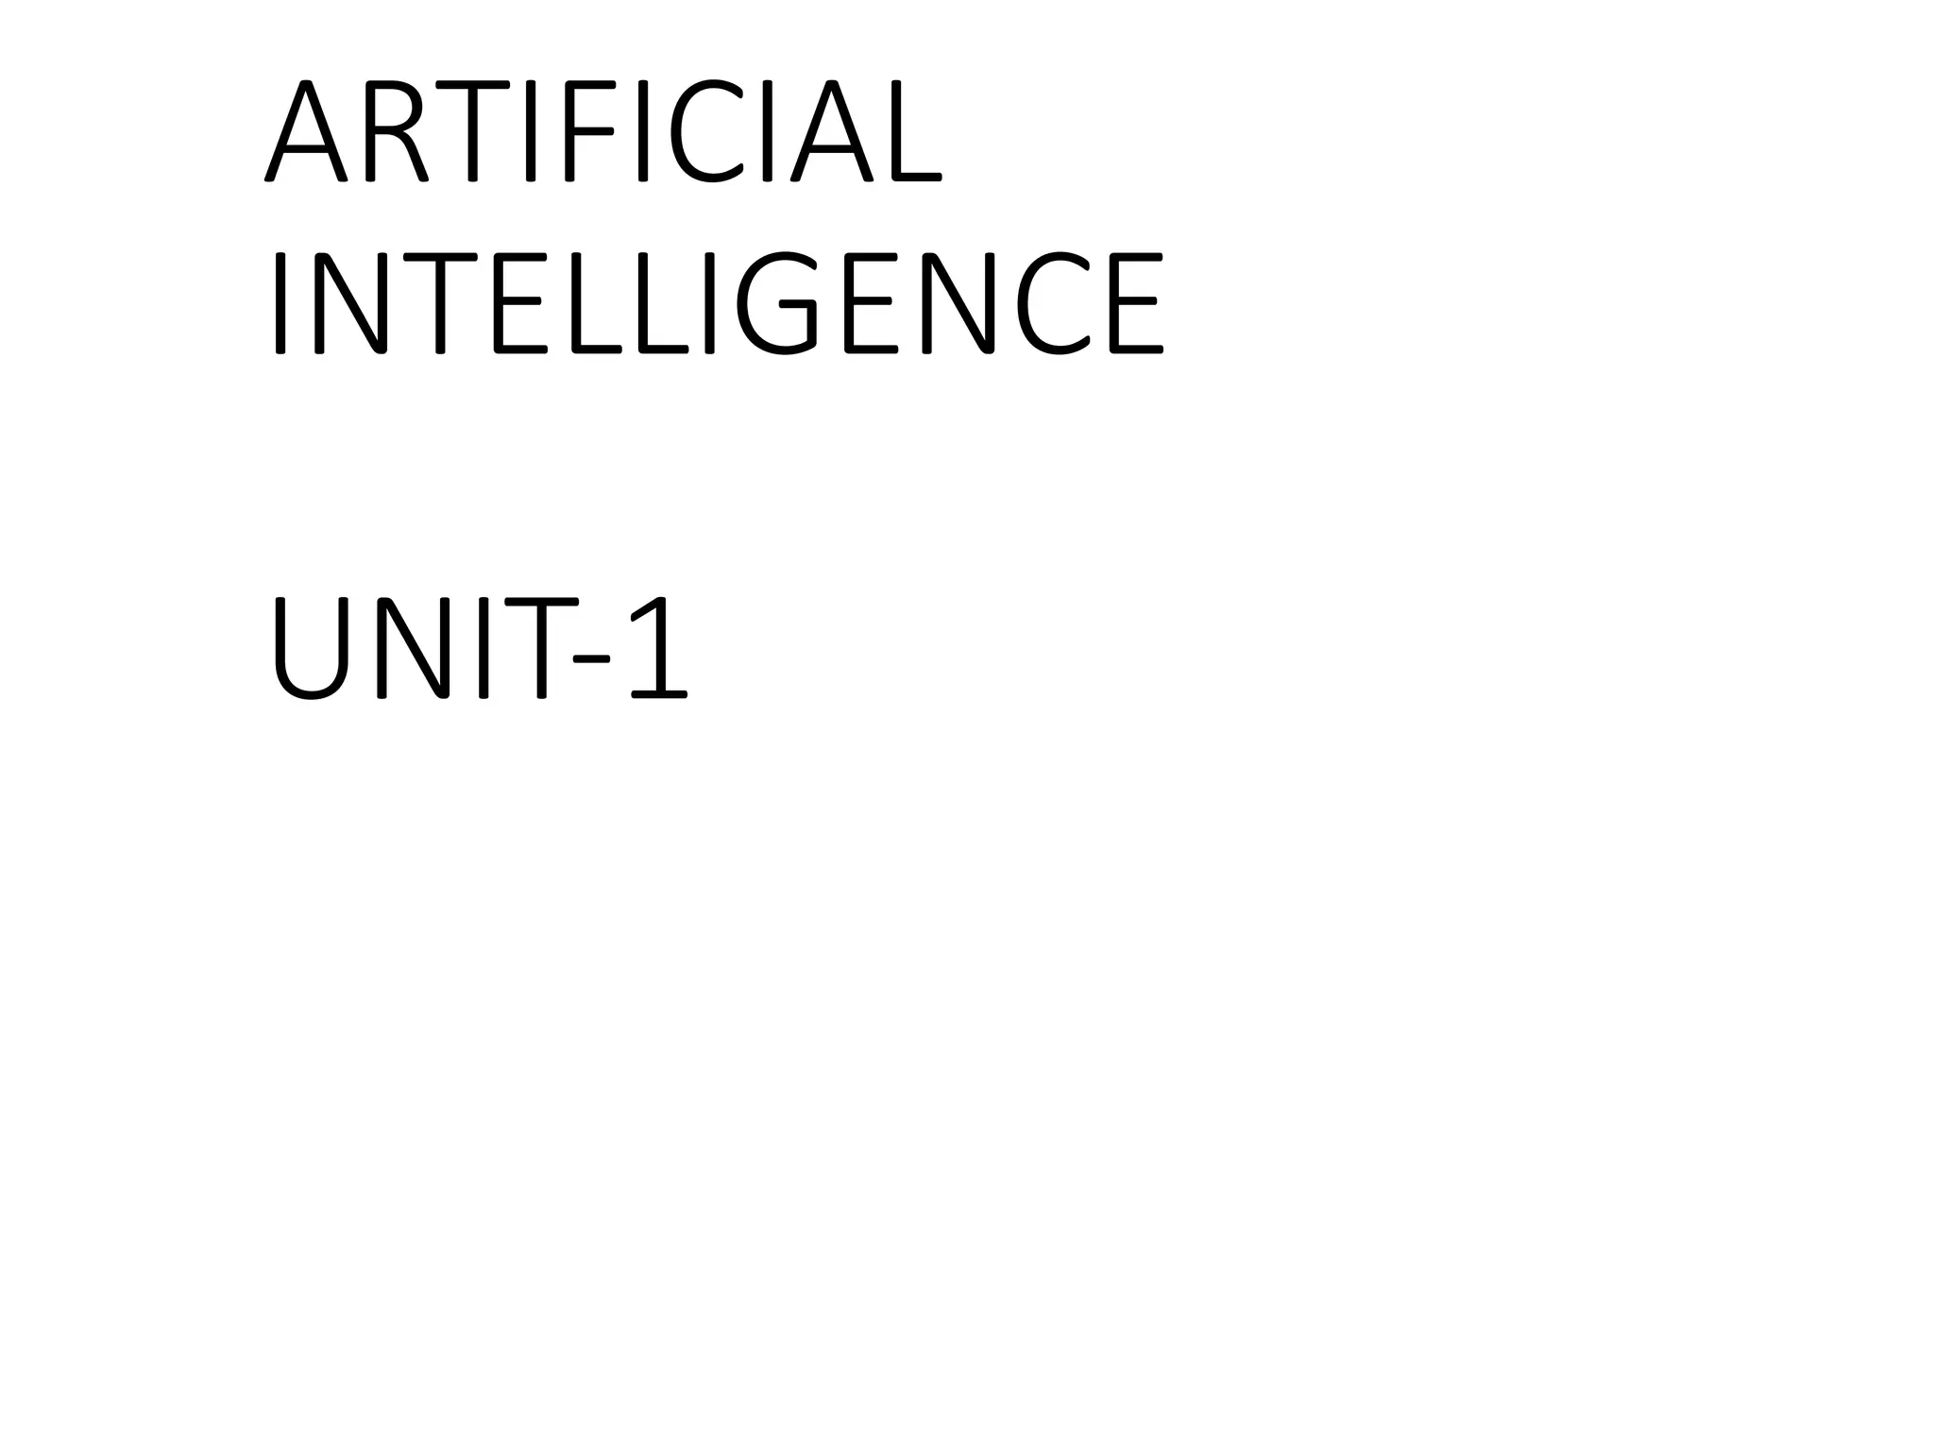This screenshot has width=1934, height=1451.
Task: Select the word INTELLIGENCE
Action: point(718,303)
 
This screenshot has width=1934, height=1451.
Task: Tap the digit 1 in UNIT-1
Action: point(657,649)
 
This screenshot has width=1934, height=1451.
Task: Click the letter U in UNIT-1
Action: point(311,649)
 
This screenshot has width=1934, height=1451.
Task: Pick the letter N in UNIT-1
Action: point(412,649)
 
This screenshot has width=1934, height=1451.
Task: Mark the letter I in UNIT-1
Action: point(483,649)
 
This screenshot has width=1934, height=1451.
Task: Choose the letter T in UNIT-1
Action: point(541,649)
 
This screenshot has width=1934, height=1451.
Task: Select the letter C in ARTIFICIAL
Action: point(705,130)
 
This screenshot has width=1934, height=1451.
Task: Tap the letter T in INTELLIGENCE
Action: point(440,303)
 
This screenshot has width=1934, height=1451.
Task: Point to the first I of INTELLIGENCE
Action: point(280,303)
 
